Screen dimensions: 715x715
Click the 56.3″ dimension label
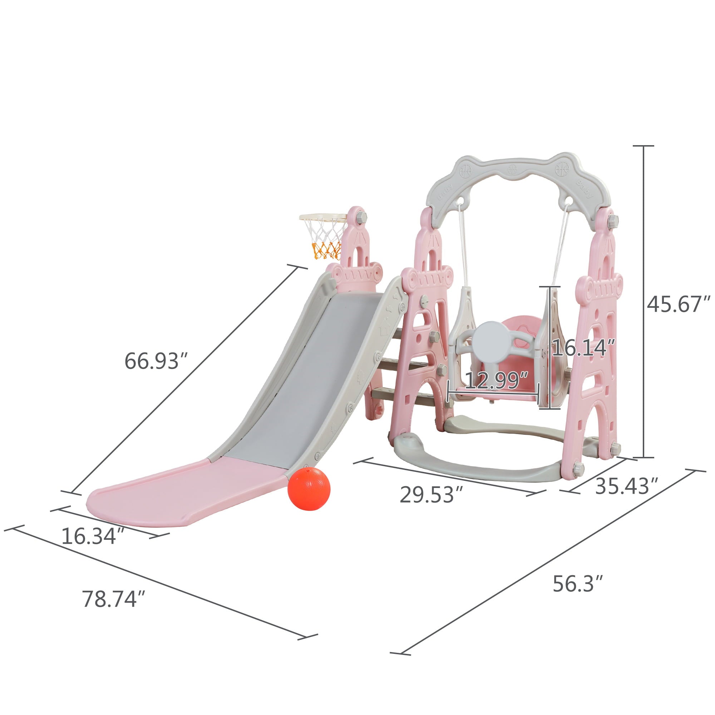(x=578, y=584)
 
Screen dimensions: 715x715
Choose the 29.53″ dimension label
(x=432, y=495)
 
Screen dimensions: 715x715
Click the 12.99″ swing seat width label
(x=496, y=380)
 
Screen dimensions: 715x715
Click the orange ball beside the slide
(x=309, y=488)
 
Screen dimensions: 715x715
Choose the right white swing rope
(x=559, y=244)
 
